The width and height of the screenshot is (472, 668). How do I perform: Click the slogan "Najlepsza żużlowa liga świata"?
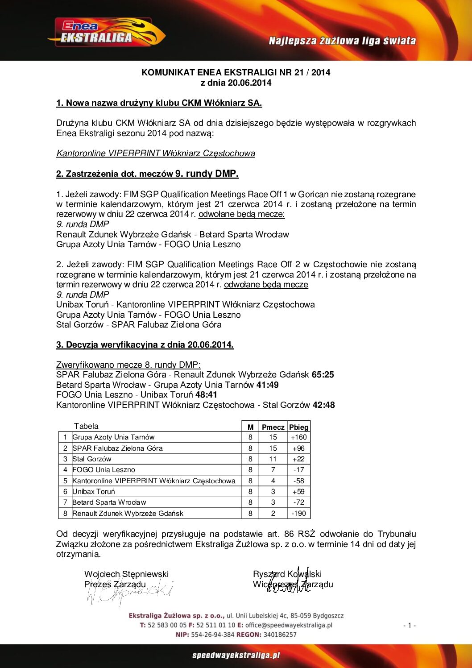click(342, 41)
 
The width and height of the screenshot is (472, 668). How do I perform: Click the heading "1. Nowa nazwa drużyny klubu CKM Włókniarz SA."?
click(159, 103)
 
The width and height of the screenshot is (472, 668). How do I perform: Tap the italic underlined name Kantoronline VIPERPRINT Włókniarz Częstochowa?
click(156, 154)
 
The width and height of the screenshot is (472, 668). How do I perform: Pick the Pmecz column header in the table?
click(273, 427)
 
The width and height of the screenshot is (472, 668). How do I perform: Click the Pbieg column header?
click(298, 427)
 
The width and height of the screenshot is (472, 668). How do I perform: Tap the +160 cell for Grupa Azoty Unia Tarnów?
click(298, 437)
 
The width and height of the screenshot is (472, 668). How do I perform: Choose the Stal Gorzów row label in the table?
click(92, 459)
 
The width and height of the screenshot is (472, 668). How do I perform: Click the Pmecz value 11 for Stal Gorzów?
click(273, 459)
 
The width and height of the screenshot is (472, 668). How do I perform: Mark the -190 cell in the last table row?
click(298, 514)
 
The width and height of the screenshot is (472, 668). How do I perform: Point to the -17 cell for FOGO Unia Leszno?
click(298, 470)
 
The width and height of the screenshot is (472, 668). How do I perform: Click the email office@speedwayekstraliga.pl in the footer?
click(289, 625)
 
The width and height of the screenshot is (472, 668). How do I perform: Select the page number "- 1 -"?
click(409, 626)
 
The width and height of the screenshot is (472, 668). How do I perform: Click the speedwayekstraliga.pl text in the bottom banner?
click(236, 656)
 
